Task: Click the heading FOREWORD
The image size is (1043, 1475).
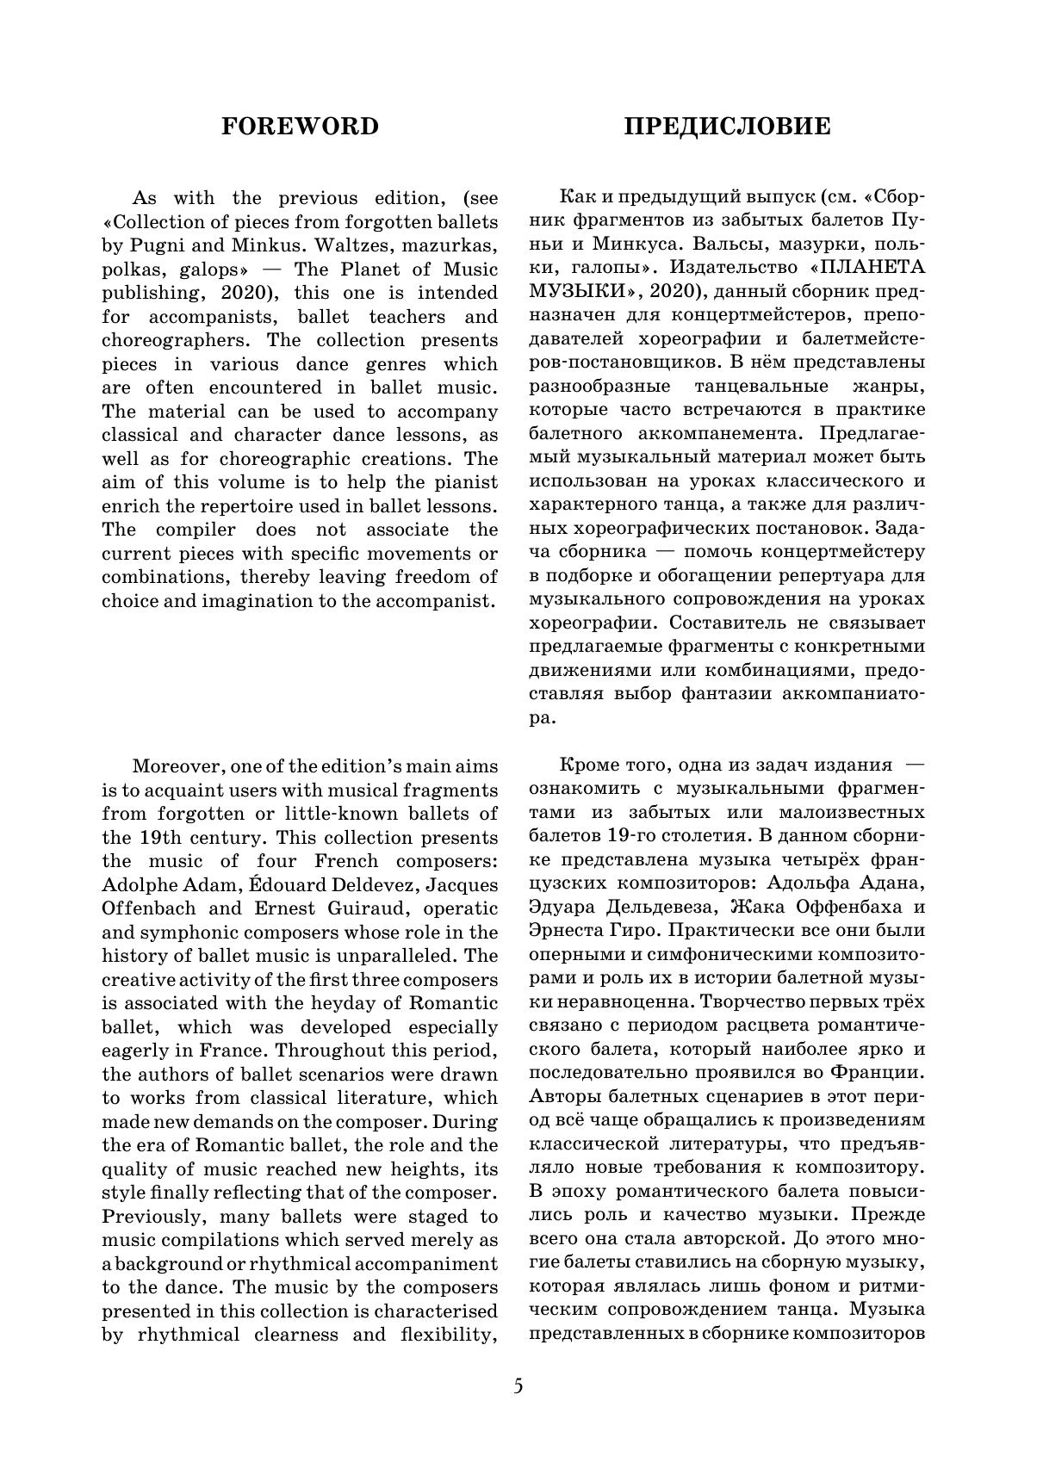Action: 300,127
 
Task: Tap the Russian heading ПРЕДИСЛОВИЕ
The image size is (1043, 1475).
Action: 727,127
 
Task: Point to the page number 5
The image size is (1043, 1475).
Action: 518,1386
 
